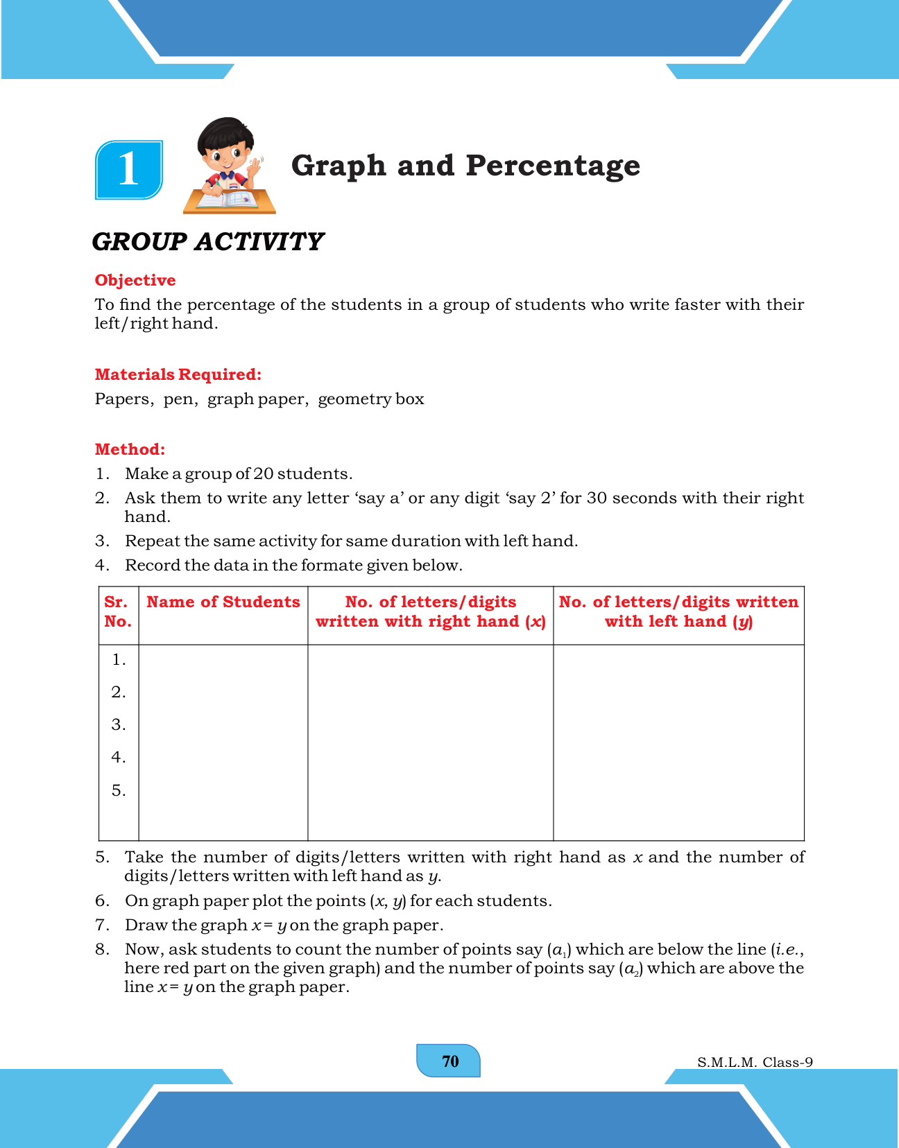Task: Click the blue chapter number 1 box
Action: coord(129,169)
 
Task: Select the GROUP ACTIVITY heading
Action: coord(208,242)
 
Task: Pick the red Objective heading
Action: coord(135,280)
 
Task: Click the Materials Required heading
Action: coord(178,374)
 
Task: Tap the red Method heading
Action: coord(130,449)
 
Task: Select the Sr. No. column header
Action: coord(118,611)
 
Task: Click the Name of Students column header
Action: coord(223,602)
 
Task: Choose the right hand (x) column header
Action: coord(430,611)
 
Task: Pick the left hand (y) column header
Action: coord(678,611)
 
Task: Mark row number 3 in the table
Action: coord(119,724)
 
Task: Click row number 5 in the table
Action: coord(119,790)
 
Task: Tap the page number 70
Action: coord(449,1061)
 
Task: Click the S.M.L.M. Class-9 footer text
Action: coord(755,1062)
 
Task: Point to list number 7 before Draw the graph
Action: coord(102,925)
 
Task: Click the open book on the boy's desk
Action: coord(229,199)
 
